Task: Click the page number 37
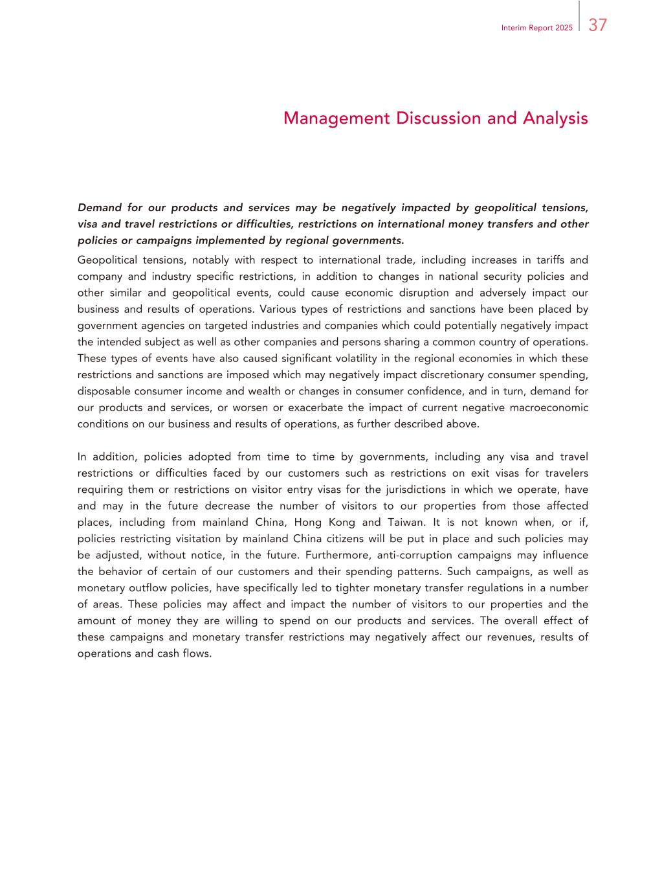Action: (x=597, y=25)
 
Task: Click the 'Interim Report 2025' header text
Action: (x=536, y=28)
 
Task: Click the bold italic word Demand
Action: (x=99, y=208)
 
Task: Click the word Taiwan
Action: (x=406, y=522)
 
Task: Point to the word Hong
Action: (x=308, y=522)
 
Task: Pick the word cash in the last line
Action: (x=168, y=653)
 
